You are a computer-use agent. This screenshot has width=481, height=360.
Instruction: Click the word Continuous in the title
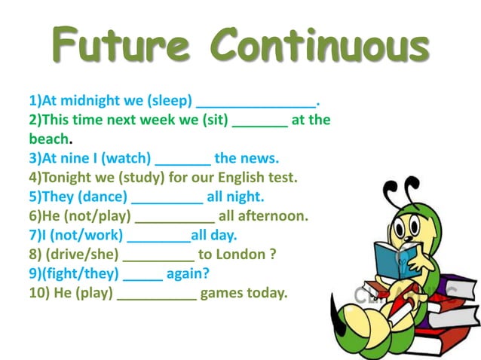point(320,47)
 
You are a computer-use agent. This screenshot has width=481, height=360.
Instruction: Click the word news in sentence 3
point(259,159)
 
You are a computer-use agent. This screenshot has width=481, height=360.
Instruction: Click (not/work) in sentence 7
point(80,236)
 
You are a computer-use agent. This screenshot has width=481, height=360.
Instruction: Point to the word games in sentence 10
point(223,293)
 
